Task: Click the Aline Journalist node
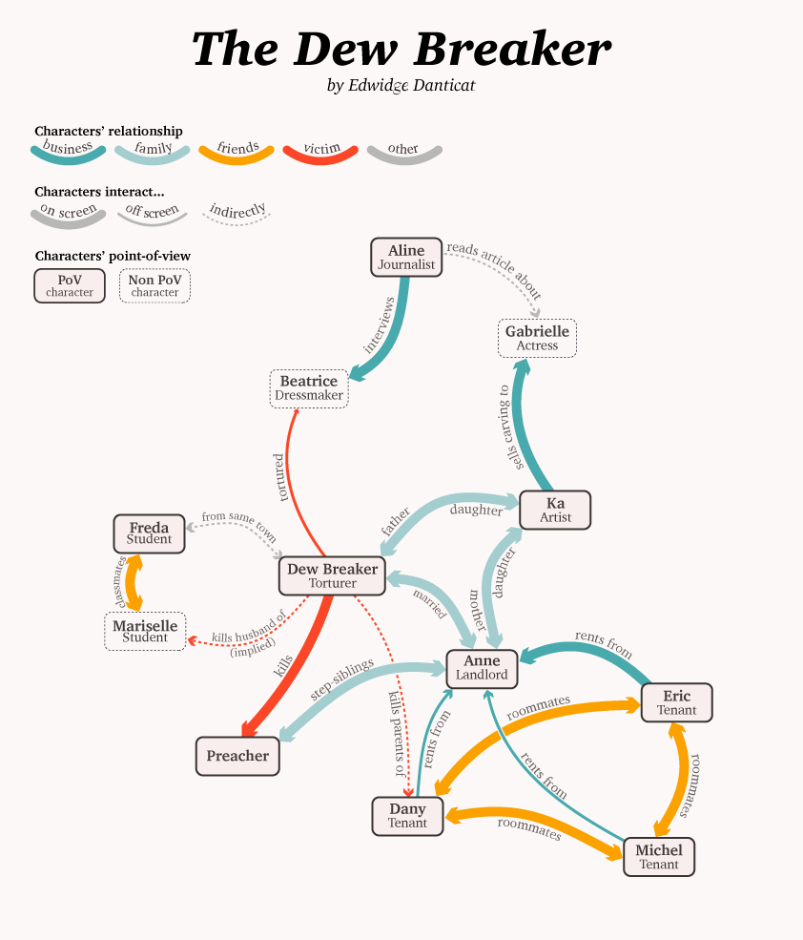406,258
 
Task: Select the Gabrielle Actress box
537,338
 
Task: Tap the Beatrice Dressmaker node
309,387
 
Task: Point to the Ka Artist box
555,510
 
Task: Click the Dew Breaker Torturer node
333,575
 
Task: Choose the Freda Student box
149,533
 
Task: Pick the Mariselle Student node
145,631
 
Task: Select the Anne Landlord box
482,668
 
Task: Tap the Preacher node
237,756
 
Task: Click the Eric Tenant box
676,702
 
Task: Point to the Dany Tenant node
407,816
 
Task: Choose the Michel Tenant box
659,857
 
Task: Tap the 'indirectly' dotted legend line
237,214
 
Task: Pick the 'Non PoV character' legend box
154,285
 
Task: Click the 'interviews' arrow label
380,325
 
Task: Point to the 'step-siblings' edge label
340,689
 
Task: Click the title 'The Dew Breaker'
401,49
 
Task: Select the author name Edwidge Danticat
401,86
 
